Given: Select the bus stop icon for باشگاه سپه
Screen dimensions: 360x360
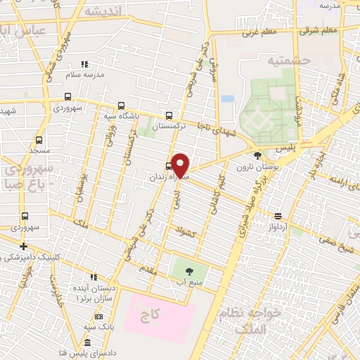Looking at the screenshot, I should (x=121, y=106).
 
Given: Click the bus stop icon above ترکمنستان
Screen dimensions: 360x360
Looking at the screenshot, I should (x=168, y=115).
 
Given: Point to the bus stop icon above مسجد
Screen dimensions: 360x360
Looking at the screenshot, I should (x=39, y=140).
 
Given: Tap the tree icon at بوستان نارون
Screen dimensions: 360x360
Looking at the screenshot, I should (x=258, y=155).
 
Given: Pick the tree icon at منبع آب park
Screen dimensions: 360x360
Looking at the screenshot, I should (x=188, y=269).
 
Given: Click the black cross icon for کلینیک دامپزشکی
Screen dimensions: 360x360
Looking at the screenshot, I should (x=24, y=246).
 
